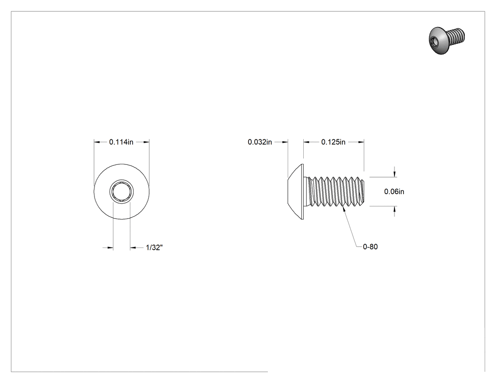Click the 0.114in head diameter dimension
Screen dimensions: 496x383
(121, 142)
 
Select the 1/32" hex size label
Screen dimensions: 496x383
(154, 247)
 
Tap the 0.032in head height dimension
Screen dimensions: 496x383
(260, 142)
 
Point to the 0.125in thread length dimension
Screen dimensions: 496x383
(334, 142)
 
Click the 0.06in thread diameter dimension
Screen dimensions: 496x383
(394, 191)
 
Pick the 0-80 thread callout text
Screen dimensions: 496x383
(370, 247)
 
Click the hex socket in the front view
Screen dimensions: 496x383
(122, 192)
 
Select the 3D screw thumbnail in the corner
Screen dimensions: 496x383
(447, 40)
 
